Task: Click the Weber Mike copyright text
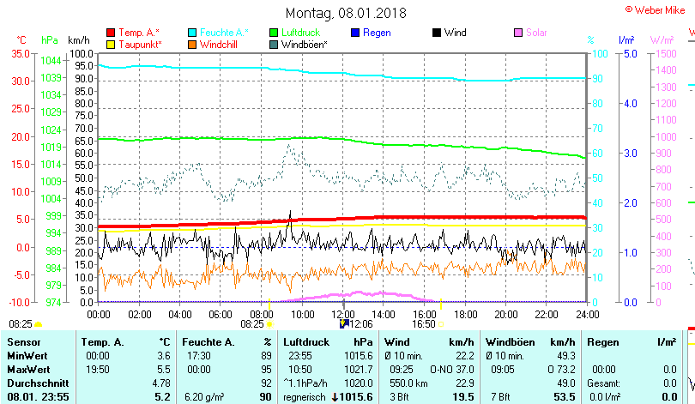[658, 8]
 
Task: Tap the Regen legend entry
[377, 33]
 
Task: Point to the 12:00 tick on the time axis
[342, 314]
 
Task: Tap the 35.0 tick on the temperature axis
[20, 53]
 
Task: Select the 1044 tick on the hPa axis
[51, 60]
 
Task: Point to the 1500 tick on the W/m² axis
[666, 53]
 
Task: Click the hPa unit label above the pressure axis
[50, 39]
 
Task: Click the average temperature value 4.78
[160, 382]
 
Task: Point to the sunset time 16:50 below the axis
[424, 324]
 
